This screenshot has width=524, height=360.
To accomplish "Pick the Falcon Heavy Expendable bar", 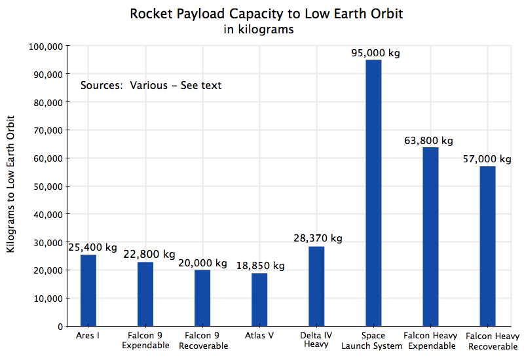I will coord(430,236).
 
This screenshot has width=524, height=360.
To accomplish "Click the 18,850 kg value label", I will coord(259,266).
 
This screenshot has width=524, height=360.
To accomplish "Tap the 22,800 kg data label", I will coord(150,254).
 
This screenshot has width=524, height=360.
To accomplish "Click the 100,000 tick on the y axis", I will coord(46,46).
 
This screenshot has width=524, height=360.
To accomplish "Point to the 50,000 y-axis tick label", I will coord(48,187).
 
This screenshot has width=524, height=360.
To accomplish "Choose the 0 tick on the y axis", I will coord(60,326).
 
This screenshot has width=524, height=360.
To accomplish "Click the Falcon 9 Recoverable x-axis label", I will coord(202,340).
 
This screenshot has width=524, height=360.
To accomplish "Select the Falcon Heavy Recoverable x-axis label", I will coord(488,340).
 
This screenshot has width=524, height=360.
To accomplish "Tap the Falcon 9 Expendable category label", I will coord(145,340).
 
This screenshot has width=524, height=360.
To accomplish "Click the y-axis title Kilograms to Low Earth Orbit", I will coord(10,186).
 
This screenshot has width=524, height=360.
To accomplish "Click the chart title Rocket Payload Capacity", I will coord(266,14).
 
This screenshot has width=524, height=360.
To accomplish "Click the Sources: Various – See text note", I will coord(151,85).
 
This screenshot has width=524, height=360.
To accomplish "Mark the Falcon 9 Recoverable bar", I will coord(202,298).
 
